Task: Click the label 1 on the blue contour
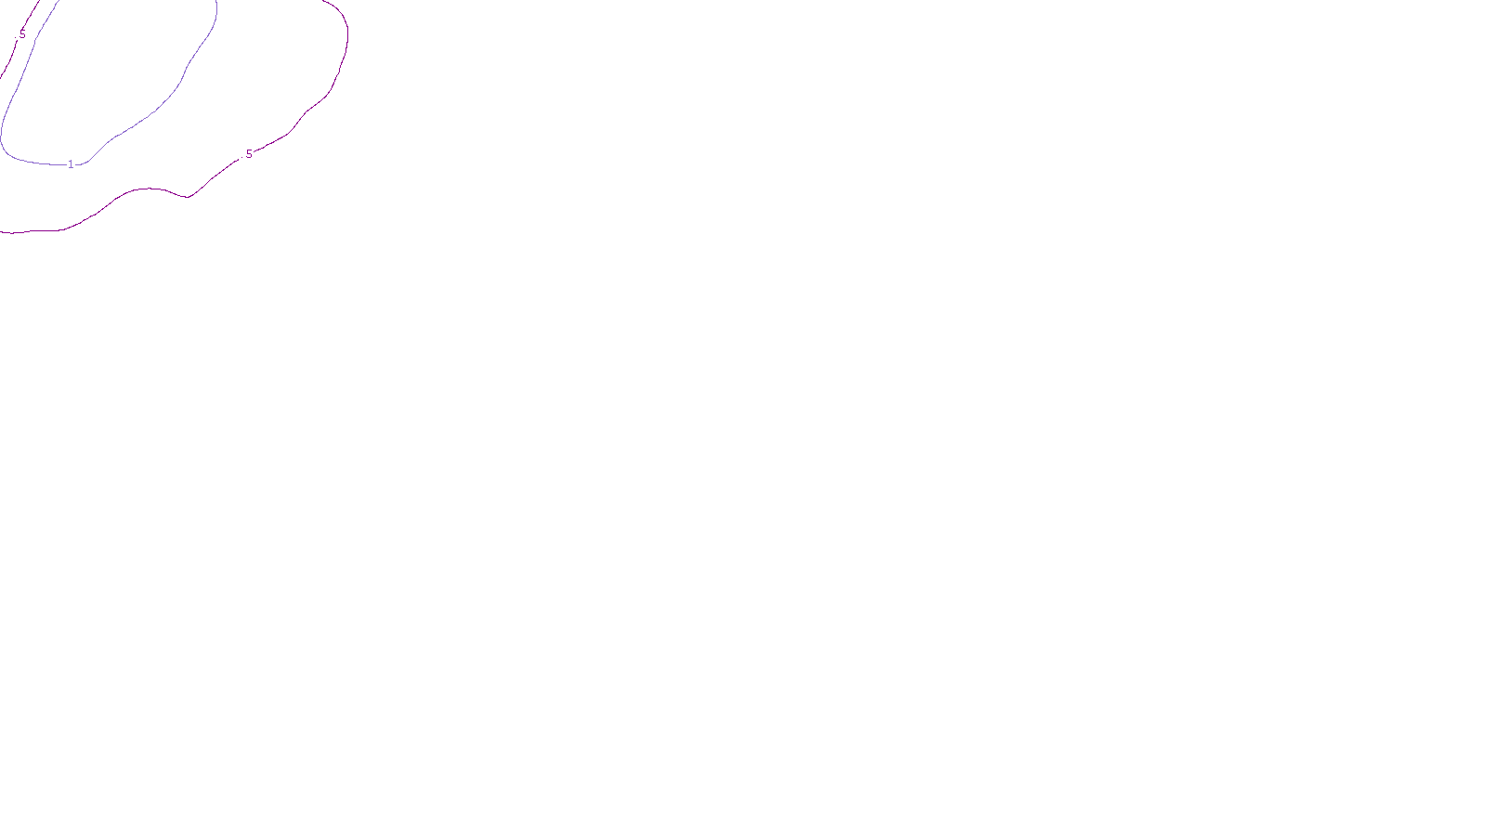click(71, 164)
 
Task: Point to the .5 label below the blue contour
click(247, 154)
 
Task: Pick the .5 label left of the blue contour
click(21, 34)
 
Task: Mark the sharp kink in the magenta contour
click(189, 197)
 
